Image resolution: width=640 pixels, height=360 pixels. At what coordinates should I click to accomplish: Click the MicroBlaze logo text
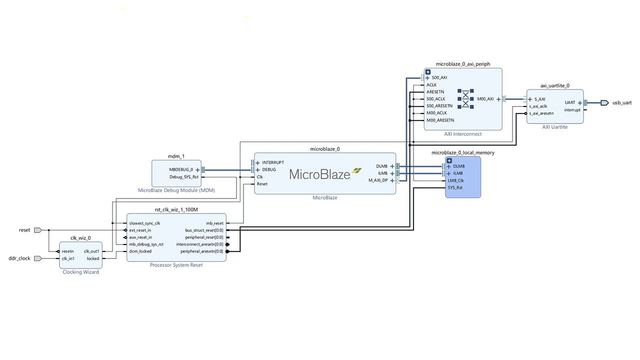coord(320,174)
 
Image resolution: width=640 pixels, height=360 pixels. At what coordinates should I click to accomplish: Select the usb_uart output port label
coord(622,102)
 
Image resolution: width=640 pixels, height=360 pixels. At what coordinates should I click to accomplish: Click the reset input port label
coord(24,230)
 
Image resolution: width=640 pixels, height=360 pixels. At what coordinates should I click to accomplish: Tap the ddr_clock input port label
coord(19,258)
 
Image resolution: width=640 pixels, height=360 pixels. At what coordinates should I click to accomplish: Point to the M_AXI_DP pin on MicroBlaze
coord(378,180)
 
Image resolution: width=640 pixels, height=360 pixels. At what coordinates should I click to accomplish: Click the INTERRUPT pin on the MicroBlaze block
coord(272,162)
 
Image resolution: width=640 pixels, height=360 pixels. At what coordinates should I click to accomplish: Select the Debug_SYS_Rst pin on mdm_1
coord(183,177)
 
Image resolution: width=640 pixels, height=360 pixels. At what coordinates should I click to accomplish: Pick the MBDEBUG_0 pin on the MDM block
coord(181,169)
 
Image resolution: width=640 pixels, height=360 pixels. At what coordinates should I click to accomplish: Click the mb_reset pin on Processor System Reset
coord(214,223)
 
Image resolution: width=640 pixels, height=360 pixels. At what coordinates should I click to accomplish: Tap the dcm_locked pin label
coord(140,251)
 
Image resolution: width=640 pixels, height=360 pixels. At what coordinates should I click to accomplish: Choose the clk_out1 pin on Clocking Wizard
coord(91,251)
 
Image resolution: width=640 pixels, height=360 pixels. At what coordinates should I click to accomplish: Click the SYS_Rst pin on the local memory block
coord(455,187)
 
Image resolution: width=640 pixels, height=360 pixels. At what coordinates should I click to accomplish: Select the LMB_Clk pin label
coord(455,180)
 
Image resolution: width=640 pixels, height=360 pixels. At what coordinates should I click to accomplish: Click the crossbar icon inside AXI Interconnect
coord(465,99)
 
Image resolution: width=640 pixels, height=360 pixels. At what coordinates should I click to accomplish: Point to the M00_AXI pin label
coord(485,99)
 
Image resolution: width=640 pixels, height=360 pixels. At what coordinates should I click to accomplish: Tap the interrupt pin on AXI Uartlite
coord(572,110)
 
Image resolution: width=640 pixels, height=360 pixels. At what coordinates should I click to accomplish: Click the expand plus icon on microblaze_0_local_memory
coord(449,160)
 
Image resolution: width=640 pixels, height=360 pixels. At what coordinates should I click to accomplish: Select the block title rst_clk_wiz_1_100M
coord(176,210)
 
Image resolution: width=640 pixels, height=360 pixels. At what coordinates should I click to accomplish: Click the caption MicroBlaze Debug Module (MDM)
coord(176,190)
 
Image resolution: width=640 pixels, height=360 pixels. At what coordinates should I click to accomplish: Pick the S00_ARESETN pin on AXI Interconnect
coord(439,106)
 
